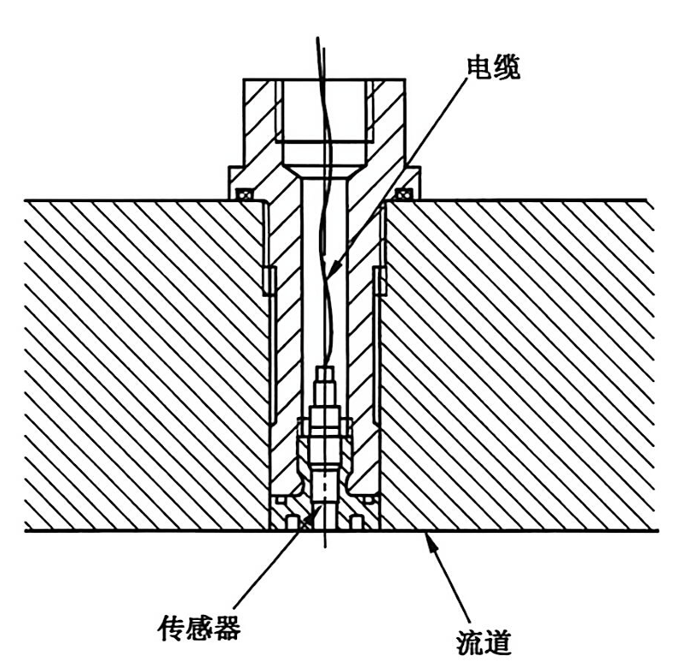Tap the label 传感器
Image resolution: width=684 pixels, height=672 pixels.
(198, 629)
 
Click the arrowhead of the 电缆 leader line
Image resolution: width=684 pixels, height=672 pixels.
(335, 267)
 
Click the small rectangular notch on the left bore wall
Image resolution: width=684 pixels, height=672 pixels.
(266, 280)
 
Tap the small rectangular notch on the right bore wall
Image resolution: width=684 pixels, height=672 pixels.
(380, 280)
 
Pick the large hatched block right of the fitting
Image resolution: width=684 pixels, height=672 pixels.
(520, 367)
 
